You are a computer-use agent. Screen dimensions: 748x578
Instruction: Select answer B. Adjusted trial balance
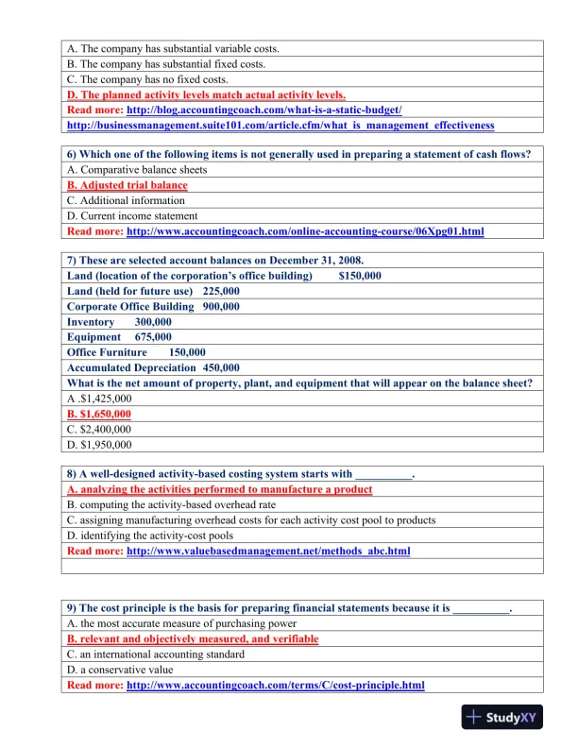click(x=127, y=185)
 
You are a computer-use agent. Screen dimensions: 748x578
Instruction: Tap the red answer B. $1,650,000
click(x=99, y=414)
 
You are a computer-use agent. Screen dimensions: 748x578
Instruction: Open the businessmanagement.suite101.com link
click(x=280, y=125)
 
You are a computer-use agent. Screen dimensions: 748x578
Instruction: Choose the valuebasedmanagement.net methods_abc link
click(x=268, y=551)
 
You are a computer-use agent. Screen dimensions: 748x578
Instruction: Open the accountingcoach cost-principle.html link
click(x=275, y=685)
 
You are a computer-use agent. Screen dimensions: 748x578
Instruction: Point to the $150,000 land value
click(x=360, y=276)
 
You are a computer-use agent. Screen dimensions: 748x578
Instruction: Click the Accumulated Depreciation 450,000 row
click(x=153, y=367)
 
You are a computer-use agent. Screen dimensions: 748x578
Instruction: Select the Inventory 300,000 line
click(x=113, y=322)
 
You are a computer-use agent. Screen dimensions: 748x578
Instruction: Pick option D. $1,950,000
click(x=99, y=444)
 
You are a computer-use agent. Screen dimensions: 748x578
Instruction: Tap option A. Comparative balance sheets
click(x=137, y=170)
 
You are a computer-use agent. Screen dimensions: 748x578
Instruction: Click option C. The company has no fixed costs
click(x=148, y=79)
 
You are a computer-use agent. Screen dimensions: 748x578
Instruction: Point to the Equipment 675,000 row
click(x=119, y=337)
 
